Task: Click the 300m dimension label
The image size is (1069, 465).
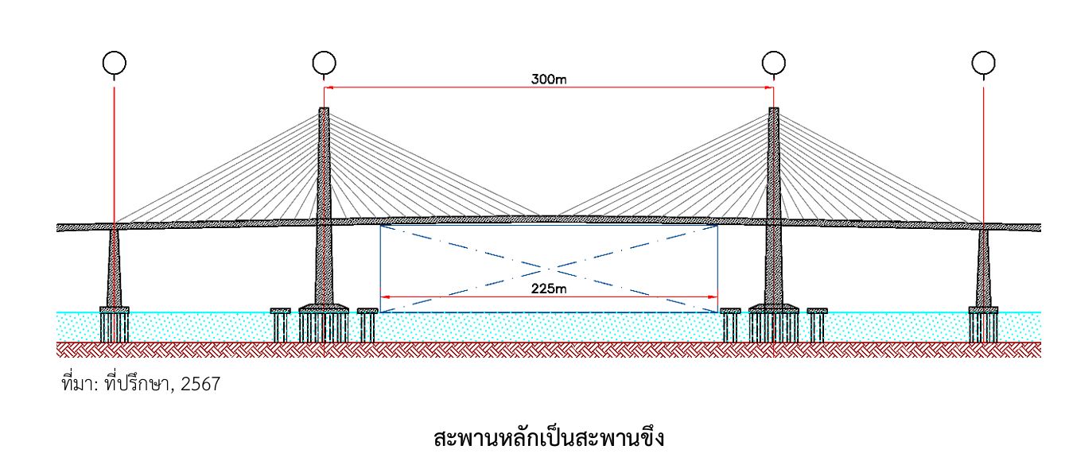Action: [549, 79]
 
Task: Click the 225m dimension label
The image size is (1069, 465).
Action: [549, 289]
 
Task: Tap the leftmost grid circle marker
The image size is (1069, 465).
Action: [114, 62]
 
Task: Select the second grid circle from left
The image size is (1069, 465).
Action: [323, 62]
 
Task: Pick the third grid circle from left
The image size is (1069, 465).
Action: [773, 62]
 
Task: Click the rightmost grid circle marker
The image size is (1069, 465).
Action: [984, 62]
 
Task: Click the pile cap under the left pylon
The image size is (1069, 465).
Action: [323, 308]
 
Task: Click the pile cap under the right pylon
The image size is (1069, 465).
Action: [773, 308]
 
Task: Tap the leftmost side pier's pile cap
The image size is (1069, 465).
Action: [114, 309]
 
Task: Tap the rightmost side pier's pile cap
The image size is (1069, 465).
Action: [983, 309]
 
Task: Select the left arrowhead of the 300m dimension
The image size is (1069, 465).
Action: [327, 87]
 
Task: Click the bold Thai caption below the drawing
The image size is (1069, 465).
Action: [549, 437]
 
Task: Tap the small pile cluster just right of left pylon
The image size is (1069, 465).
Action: [367, 324]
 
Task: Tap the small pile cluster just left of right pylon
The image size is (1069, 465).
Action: [730, 324]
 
